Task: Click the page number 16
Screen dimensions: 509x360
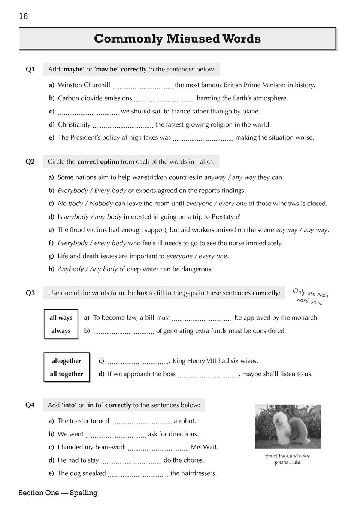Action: click(x=23, y=16)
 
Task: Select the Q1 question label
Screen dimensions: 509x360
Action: click(x=30, y=69)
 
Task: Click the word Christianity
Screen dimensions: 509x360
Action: click(x=74, y=124)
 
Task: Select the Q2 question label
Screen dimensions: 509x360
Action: click(x=30, y=162)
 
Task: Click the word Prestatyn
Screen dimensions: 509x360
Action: click(x=226, y=217)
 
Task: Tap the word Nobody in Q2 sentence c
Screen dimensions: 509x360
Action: click(x=101, y=204)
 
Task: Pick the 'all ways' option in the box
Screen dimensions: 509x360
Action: click(x=61, y=318)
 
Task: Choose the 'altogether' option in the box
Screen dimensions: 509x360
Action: click(x=66, y=361)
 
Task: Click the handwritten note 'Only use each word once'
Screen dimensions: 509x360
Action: click(x=310, y=296)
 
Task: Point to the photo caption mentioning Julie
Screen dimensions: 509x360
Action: click(x=288, y=459)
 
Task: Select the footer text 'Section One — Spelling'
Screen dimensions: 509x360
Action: click(x=58, y=493)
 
